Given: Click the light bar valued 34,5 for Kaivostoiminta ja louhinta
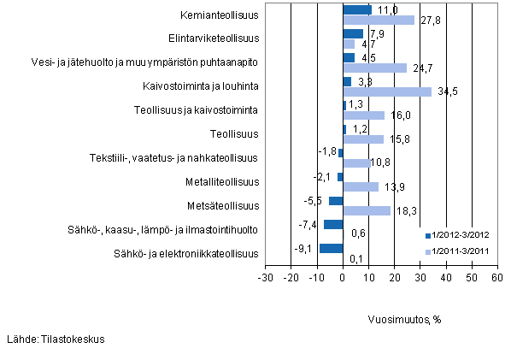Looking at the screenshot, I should tap(387, 91).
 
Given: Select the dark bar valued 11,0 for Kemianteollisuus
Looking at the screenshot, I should tap(357, 10).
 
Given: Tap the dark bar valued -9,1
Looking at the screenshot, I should tap(332, 248).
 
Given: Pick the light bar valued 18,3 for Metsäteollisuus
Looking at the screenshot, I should tap(367, 210).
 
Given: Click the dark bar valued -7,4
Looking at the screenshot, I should tap(333, 224).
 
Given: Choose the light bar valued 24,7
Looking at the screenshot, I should tap(374, 68).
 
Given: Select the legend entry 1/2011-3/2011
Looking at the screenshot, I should tap(461, 251).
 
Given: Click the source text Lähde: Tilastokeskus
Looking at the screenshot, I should tap(55, 339).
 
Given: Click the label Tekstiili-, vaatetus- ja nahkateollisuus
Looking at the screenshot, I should tap(174, 157).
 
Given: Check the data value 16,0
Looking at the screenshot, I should tap(397, 115).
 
